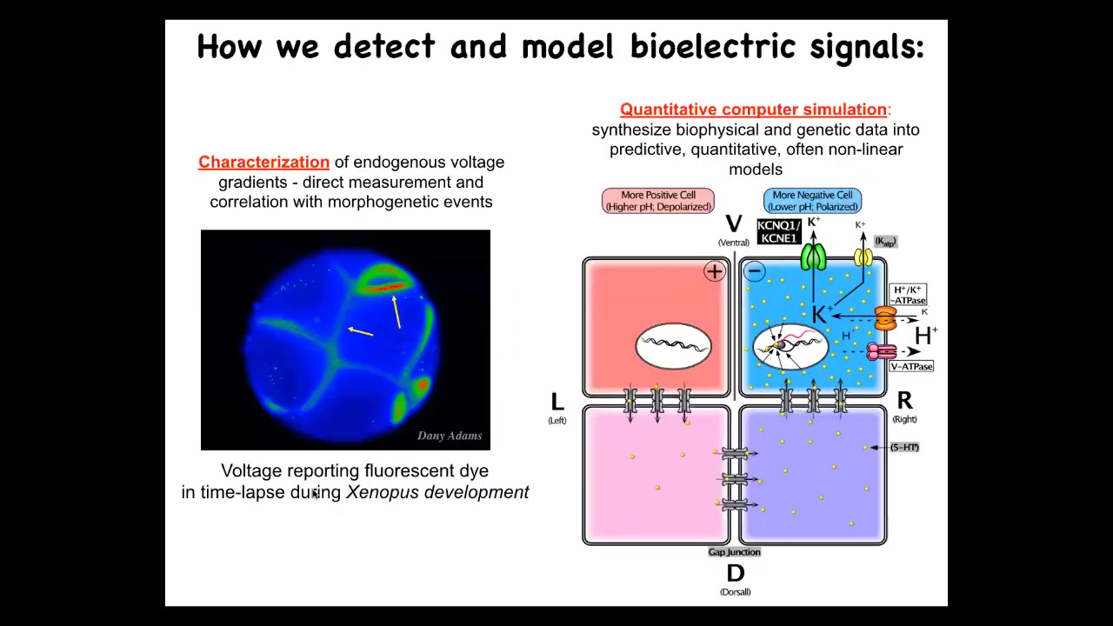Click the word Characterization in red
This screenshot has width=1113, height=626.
(x=263, y=163)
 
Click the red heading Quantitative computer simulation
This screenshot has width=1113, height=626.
(x=753, y=110)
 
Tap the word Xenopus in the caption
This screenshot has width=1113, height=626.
(x=383, y=493)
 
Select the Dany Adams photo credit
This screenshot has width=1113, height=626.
(x=449, y=436)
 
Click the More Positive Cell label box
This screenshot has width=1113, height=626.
(x=658, y=201)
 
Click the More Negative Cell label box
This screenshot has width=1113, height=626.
(x=812, y=201)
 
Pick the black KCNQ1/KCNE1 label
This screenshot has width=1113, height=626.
(x=778, y=231)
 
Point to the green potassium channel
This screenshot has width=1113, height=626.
(x=813, y=257)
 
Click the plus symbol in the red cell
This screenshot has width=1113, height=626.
(x=714, y=271)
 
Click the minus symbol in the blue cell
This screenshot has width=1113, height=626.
(x=754, y=271)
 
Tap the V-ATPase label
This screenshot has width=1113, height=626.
(x=910, y=367)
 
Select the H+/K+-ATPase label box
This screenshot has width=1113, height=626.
(x=908, y=295)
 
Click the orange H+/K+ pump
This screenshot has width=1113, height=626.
(x=885, y=318)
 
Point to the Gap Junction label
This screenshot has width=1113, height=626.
(x=734, y=552)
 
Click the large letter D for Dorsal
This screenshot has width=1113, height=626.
(x=735, y=574)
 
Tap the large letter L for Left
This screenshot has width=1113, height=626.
(x=557, y=402)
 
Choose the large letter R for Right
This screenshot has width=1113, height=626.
(x=904, y=401)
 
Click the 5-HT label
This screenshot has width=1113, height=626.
(x=904, y=447)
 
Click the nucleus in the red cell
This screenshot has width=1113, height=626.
(x=674, y=346)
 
